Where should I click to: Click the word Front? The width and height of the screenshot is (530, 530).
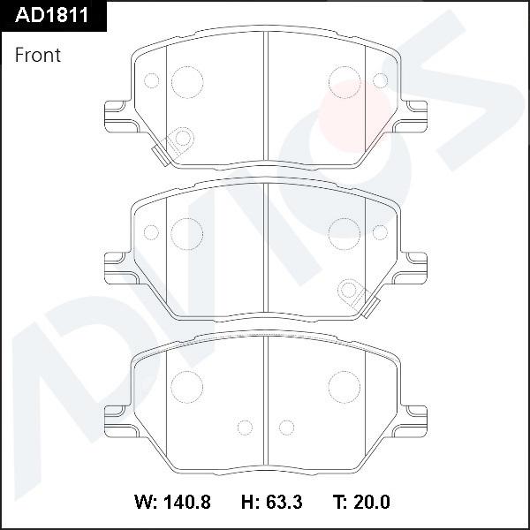[38, 55]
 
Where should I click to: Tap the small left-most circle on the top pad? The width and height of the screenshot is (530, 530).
[150, 81]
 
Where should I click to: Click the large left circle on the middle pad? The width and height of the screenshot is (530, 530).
[186, 233]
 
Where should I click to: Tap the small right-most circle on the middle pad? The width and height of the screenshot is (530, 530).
[381, 233]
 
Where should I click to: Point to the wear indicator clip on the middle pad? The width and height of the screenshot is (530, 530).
[357, 297]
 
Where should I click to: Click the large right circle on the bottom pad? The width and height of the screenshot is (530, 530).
[344, 385]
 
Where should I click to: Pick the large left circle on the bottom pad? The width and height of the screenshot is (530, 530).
[186, 385]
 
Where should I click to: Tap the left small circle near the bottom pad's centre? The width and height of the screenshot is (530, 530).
[246, 428]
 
